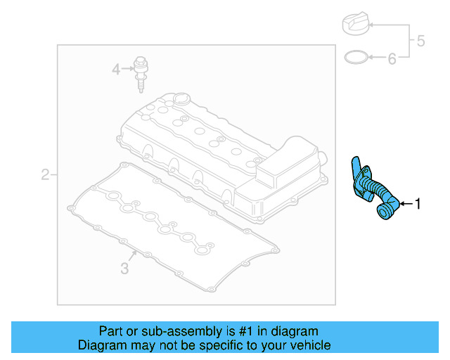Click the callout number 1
418,204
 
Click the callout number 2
45,174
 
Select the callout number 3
124,268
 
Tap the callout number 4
116,69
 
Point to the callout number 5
420,41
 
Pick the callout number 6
392,58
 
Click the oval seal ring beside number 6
357,57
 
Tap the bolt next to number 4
141,72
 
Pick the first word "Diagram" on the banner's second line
101,345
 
